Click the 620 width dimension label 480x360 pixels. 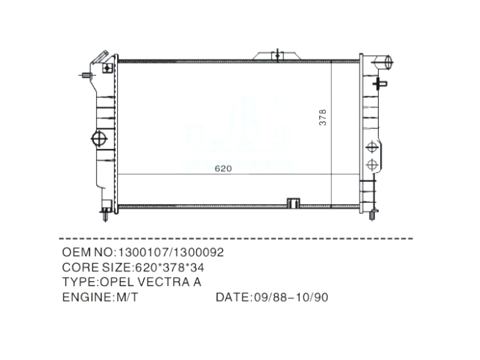[223, 168]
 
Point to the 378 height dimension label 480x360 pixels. [323, 117]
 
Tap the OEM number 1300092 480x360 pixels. [197, 253]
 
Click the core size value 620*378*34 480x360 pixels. [169, 268]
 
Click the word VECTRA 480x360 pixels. [163, 282]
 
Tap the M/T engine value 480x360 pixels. [127, 297]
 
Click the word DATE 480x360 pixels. [233, 297]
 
